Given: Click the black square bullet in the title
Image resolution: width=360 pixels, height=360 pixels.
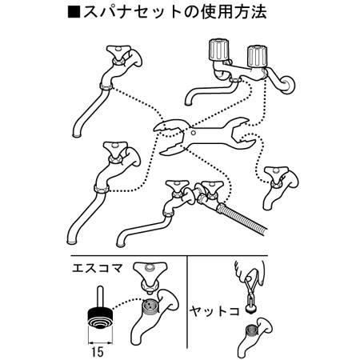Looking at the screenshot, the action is click(x=74, y=12).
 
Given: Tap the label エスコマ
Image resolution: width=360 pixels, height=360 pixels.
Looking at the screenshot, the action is click(x=98, y=268).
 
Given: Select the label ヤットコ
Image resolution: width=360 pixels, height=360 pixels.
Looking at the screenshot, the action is click(x=214, y=310).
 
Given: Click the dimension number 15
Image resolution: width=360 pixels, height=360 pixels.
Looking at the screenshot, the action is click(x=98, y=352).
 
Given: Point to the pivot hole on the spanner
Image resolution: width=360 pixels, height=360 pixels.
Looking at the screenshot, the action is click(x=194, y=132).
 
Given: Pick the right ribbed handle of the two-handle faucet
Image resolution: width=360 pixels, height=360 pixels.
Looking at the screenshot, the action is click(x=257, y=57).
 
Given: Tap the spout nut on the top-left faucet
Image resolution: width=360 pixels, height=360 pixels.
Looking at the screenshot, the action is click(x=106, y=86).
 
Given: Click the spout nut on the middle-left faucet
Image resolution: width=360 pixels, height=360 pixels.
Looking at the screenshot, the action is click(x=102, y=188).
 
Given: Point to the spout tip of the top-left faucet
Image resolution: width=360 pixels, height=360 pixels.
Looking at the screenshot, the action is click(x=78, y=135).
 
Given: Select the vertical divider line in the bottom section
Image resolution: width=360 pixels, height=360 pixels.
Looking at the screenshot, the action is click(x=187, y=302).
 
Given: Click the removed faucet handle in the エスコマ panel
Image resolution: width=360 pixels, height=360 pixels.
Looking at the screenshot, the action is click(x=150, y=277).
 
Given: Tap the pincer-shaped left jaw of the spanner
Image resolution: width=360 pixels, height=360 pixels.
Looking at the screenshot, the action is click(x=170, y=137).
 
